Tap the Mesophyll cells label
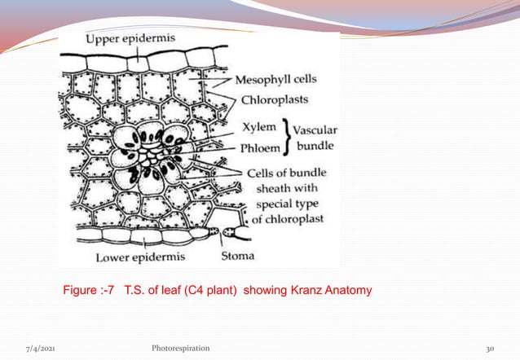click(x=276, y=81)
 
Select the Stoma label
click(x=237, y=257)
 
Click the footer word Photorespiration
click(x=174, y=348)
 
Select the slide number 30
click(x=489, y=348)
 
